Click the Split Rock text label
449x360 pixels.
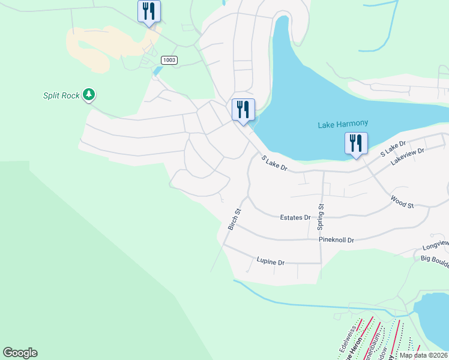61,95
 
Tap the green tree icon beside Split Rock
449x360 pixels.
89,94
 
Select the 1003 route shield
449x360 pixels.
169,60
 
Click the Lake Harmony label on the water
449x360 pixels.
342,124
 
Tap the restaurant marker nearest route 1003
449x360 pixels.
148,11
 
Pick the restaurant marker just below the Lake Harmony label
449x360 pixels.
356,145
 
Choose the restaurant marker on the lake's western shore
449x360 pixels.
243,110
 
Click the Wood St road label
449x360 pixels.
402,202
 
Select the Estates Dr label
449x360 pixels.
295,217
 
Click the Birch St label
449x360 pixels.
234,220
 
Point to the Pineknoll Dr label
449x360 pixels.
336,240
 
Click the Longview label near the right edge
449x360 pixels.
435,244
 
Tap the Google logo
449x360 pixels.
20,353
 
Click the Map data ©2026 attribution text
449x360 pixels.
423,355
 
